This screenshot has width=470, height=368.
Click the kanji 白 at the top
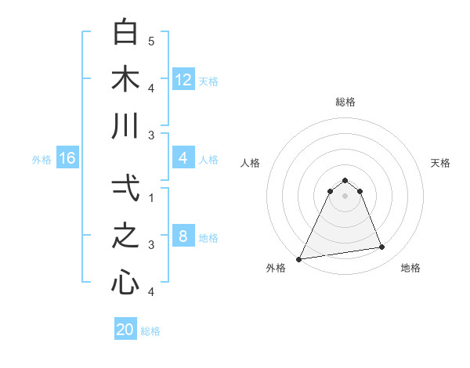point(126,33)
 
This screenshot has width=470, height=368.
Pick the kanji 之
point(126,236)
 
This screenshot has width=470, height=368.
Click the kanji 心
point(126,282)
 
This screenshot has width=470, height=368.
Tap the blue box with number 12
point(183,80)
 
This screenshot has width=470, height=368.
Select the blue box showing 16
point(67,159)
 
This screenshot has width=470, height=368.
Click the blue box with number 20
point(125,330)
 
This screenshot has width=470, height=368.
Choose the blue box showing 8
point(183,237)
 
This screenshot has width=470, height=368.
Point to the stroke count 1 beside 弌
point(151,197)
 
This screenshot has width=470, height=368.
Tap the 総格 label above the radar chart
point(345,102)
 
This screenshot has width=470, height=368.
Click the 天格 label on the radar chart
point(440,163)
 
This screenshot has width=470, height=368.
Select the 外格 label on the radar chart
point(275,268)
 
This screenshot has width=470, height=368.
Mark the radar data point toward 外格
point(298,258)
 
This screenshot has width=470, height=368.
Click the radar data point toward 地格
point(382,247)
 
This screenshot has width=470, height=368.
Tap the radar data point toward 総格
point(345,180)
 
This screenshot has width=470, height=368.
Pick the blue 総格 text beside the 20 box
point(150,331)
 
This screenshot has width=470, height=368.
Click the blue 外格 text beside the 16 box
point(42,160)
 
